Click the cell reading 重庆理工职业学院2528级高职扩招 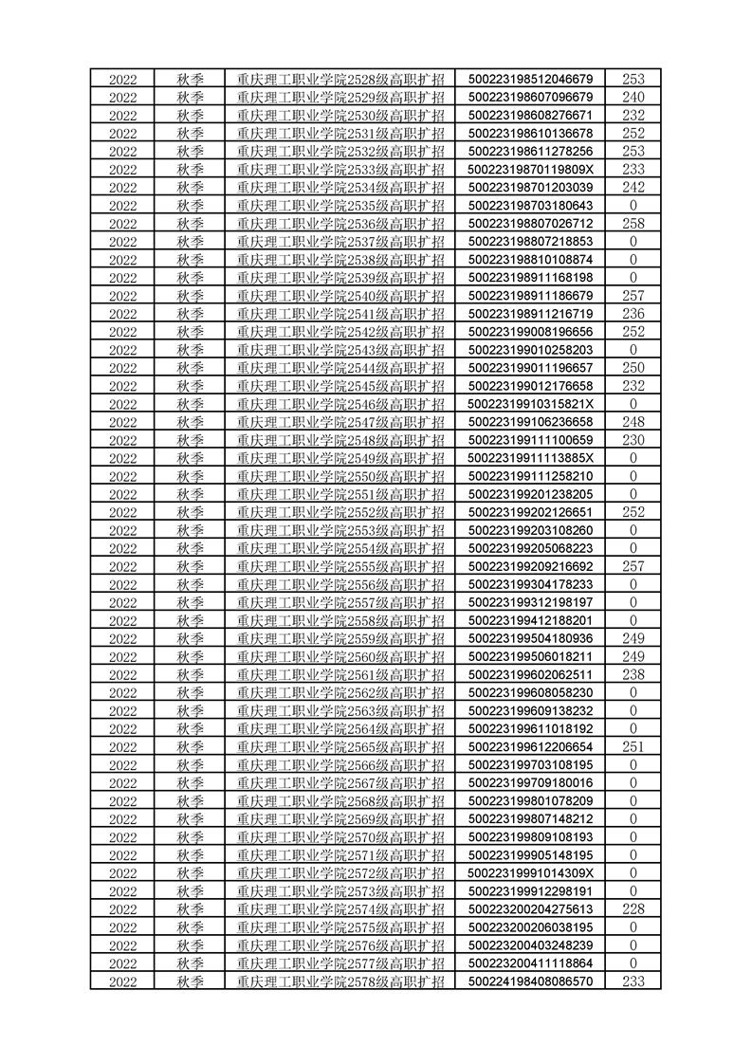pyautogui.click(x=340, y=79)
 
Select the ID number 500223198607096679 pyautogui.click(x=531, y=97)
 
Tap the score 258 pyautogui.click(x=633, y=223)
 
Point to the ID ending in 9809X pyautogui.click(x=531, y=169)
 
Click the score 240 pyautogui.click(x=633, y=97)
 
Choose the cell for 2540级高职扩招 pyautogui.click(x=340, y=296)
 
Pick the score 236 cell pyautogui.click(x=633, y=314)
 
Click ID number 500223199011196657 pyautogui.click(x=531, y=368)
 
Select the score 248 pyautogui.click(x=633, y=422)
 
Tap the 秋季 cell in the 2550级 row pyautogui.click(x=191, y=476)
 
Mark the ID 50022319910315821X pyautogui.click(x=531, y=404)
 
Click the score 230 pyautogui.click(x=633, y=440)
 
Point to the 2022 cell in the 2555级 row pyautogui.click(x=123, y=566)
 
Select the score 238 pyautogui.click(x=633, y=674)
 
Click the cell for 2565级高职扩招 pyautogui.click(x=340, y=746)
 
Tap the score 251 pyautogui.click(x=633, y=746)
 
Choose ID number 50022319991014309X pyautogui.click(x=531, y=872)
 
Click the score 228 pyautogui.click(x=633, y=908)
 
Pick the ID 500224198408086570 pyautogui.click(x=531, y=981)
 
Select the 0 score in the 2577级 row pyautogui.click(x=633, y=963)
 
